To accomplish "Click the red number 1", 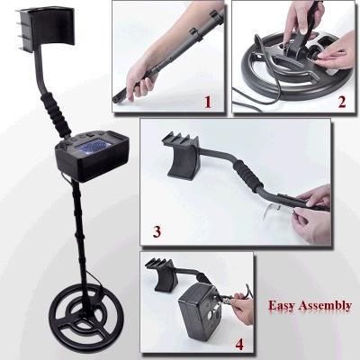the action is coord(208,102).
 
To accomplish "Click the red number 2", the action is coord(342,102).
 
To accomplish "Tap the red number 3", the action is coord(157,231).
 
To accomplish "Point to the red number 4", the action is coord(239,344).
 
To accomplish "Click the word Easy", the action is coord(282,305).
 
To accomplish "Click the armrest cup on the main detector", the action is coord(45,30).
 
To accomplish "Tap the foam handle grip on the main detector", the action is coord(57,114).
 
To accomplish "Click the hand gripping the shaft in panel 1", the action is coord(141,79).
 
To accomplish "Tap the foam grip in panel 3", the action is coord(248,177).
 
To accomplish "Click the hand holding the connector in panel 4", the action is coord(243,308).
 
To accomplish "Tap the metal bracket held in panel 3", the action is coord(274,211).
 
